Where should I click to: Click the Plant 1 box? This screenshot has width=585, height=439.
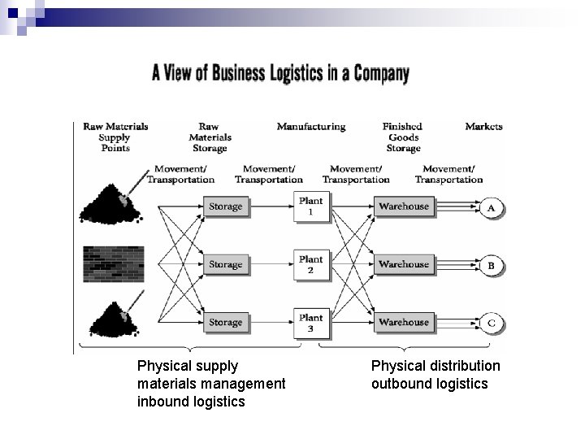coord(310,206)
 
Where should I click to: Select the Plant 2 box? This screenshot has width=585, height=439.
coord(310,264)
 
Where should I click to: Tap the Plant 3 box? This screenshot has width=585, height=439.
coord(310,323)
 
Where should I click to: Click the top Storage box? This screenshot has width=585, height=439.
coord(225,206)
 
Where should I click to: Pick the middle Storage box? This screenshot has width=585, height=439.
coord(225,264)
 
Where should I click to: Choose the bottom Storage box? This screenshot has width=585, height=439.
coord(225,323)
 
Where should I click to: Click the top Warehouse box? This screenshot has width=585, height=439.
coord(403,206)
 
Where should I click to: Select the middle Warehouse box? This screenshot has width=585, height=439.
coord(403,264)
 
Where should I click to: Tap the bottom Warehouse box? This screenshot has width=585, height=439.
coord(403,323)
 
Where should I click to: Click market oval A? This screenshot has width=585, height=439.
coord(491,207)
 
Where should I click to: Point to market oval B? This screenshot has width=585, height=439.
coord(491,265)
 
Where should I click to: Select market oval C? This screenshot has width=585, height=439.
coord(491,323)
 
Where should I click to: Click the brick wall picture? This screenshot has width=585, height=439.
coord(111,264)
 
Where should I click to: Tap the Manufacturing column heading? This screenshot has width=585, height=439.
coord(310,127)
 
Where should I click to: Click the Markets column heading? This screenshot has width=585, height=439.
coord(483,127)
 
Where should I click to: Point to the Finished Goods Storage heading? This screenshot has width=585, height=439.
coord(403,137)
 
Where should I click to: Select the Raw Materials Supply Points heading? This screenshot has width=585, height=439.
coord(115,137)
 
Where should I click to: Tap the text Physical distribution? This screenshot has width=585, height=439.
coord(435,366)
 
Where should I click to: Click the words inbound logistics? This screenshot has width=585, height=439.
coord(191,402)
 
